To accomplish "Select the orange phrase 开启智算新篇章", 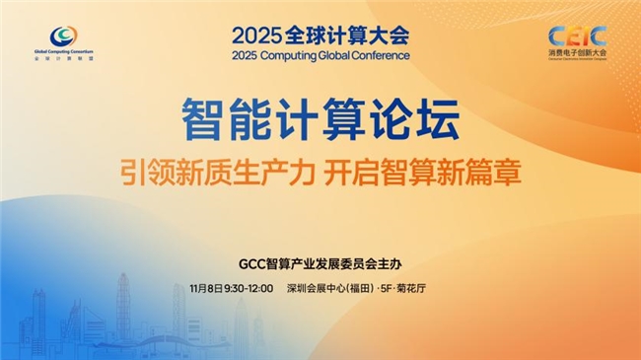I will (x=423, y=171).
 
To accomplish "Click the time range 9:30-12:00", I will (x=249, y=289).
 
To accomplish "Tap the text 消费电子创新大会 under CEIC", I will (x=578, y=54).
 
